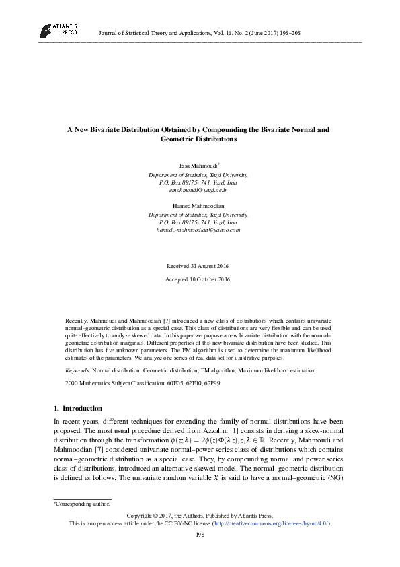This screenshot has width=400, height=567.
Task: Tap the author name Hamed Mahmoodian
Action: [x=200, y=205]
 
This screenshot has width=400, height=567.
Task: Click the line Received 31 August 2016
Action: [x=199, y=265]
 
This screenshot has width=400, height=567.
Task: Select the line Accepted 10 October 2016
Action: [x=199, y=279]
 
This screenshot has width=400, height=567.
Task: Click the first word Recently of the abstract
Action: [x=76, y=314]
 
